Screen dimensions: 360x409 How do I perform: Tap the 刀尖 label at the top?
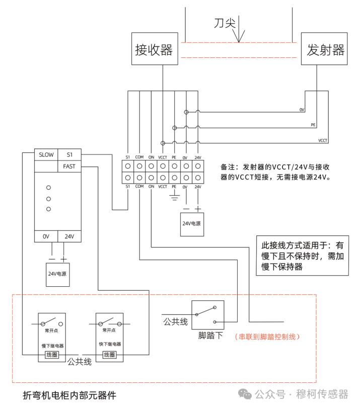click(225, 23)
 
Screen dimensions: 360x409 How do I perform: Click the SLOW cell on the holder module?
click(46, 154)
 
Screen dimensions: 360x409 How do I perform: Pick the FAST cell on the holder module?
click(69, 167)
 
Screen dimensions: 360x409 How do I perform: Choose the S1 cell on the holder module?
click(69, 154)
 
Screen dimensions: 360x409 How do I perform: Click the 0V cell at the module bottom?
click(46, 236)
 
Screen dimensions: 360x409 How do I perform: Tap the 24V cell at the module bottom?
click(69, 236)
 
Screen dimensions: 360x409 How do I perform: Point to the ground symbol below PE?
click(174, 195)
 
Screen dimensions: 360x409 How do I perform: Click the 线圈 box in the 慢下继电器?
click(52, 355)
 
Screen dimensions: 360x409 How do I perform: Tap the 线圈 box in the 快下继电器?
click(109, 355)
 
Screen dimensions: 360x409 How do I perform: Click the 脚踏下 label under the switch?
click(210, 336)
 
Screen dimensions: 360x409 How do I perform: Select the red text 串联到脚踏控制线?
click(267, 337)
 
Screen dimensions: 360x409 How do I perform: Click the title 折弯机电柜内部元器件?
click(69, 395)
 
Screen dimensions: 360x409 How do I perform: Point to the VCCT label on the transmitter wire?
click(323, 140)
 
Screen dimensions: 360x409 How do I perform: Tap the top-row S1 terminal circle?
click(128, 166)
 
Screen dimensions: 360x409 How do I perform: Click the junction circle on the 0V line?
click(186, 112)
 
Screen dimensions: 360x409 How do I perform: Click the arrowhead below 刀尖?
click(239, 36)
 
